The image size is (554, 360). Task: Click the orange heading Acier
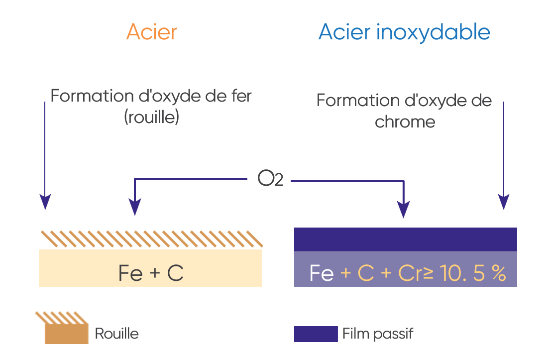click(152, 32)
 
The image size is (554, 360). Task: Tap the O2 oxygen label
click(270, 179)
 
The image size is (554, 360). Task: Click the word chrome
click(405, 121)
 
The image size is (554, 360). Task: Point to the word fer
click(239, 96)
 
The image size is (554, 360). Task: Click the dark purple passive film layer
click(405, 239)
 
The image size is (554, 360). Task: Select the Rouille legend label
click(116, 333)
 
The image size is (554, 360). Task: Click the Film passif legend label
click(377, 333)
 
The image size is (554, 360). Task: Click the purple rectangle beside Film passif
click(316, 334)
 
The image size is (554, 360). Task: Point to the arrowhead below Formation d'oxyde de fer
click(45, 202)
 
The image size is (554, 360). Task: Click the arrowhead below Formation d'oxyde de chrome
click(504, 202)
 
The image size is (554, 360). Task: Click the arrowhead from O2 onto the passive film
click(404, 209)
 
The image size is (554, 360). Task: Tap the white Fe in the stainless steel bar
click(321, 274)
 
